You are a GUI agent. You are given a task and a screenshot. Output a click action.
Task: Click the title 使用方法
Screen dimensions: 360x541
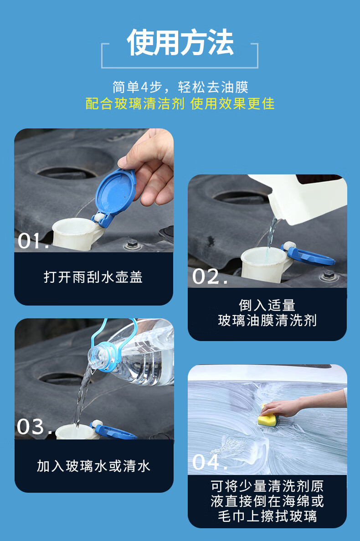pos(180,42)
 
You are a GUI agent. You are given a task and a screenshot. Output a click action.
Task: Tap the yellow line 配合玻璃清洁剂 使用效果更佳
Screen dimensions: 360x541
pos(180,103)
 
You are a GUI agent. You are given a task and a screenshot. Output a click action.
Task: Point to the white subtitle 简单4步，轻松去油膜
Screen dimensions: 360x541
pos(180,87)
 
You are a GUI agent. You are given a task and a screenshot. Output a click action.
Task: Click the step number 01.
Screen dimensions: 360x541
pos(33,241)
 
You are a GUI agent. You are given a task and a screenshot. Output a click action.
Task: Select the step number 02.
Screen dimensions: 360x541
pos(210,276)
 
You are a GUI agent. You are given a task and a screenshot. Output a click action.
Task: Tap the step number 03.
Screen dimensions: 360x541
pos(35,427)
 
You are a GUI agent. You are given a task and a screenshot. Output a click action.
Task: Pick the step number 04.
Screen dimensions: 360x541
pos(210,462)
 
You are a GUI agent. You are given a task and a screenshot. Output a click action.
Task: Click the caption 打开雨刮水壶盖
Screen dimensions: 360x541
pos(93,277)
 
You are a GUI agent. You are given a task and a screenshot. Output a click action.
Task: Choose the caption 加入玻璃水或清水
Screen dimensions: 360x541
pos(93,466)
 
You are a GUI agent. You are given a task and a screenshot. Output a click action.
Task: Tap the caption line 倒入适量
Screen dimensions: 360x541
pos(267,306)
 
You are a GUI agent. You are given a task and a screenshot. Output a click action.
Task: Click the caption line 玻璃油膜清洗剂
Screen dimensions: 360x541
pos(267,321)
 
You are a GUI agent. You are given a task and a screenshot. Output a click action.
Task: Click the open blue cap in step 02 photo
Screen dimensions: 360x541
pos(308,255)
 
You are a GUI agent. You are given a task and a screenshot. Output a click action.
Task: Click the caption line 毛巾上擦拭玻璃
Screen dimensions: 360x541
pos(267,516)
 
